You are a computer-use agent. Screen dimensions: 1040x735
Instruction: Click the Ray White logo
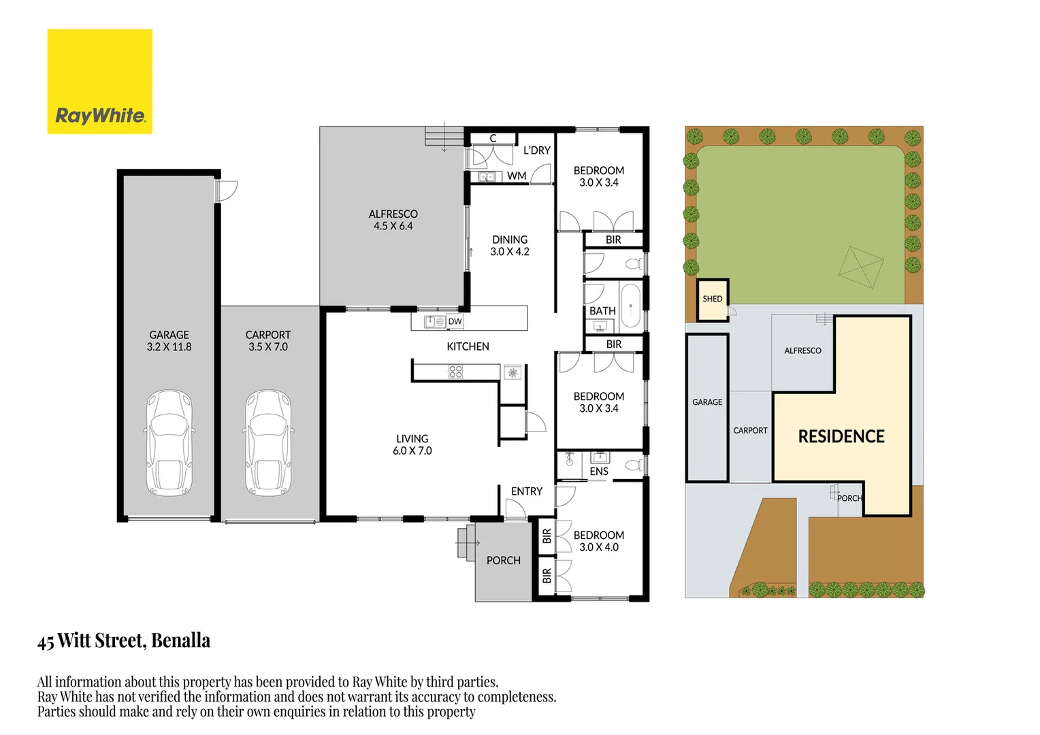100,82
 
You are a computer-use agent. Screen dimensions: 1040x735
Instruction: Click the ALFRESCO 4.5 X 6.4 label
393,220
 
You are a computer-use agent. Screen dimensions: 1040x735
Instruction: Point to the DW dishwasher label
455,321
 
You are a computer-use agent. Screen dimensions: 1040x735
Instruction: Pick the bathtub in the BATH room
630,306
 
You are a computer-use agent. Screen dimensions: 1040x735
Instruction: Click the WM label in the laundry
517,176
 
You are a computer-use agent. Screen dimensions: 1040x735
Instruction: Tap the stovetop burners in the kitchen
455,372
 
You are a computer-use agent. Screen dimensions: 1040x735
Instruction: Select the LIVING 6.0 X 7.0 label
412,445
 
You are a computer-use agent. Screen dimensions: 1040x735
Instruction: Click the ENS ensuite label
599,471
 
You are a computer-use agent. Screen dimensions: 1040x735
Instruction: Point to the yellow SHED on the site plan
713,299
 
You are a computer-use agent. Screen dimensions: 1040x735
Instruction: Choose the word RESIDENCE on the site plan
841,436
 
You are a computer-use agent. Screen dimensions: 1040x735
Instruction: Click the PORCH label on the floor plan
503,560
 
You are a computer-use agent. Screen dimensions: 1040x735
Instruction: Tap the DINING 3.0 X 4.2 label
510,246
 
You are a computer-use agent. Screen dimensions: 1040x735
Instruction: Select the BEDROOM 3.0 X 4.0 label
599,541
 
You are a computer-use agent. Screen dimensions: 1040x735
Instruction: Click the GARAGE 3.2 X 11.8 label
169,341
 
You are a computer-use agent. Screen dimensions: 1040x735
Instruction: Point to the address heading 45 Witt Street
124,641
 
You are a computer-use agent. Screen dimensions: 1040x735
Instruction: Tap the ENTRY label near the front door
527,491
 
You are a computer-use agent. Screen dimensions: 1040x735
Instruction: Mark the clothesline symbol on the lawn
861,267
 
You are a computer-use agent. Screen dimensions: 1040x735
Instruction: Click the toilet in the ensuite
634,464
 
